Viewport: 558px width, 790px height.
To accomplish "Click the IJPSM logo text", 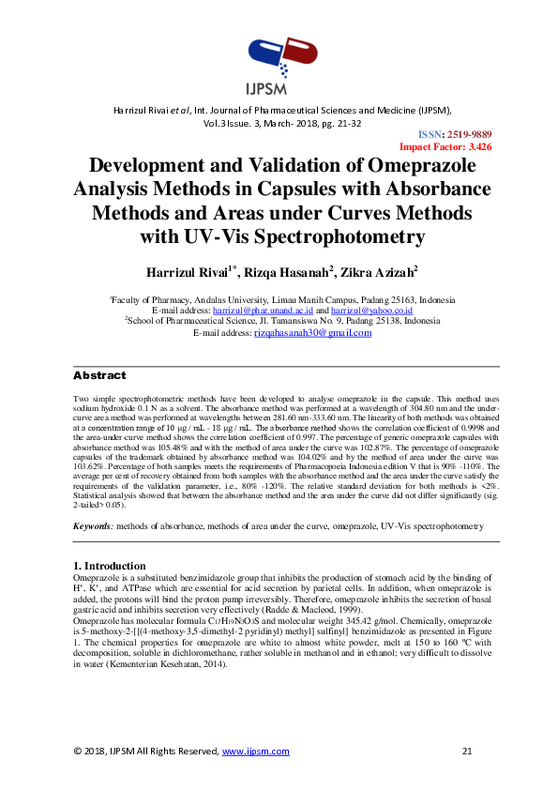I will tap(279, 90).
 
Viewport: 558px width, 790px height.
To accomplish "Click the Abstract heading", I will tap(99, 375).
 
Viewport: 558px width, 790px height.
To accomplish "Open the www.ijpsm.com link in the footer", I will tap(255, 752).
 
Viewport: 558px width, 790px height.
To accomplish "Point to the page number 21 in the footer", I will tap(468, 752).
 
